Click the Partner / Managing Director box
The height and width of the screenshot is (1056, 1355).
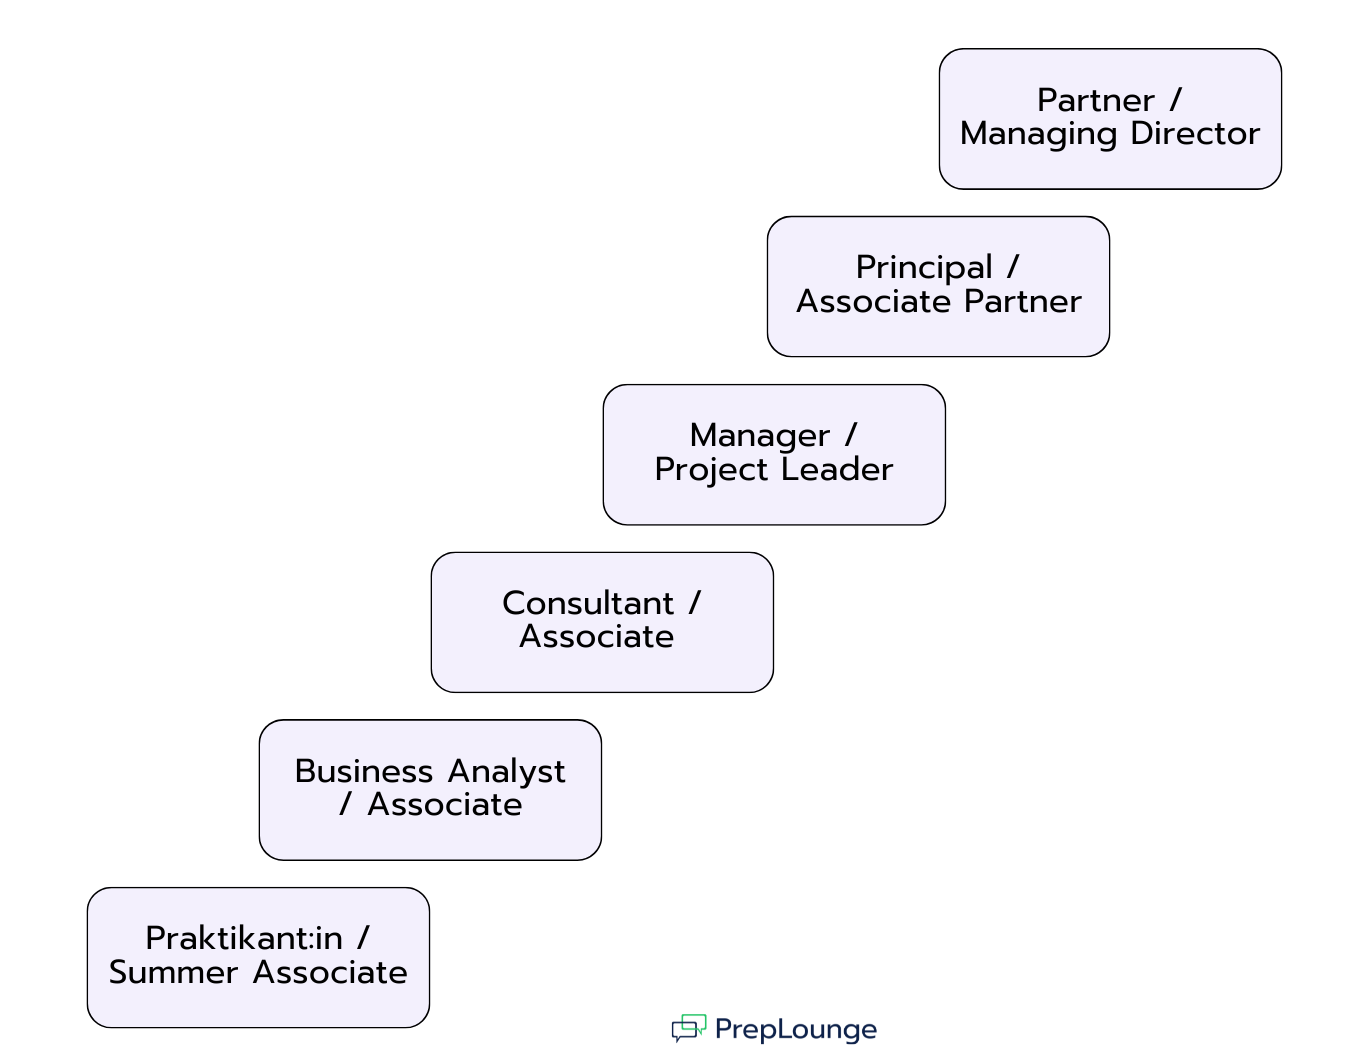coord(1110,119)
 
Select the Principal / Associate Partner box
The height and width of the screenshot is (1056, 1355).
coord(938,286)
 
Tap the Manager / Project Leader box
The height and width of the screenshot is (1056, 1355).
coord(774,454)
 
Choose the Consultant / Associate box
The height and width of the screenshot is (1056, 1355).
coord(602,622)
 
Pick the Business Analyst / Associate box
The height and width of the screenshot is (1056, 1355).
coord(430,790)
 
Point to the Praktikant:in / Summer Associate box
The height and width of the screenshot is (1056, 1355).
coord(258,957)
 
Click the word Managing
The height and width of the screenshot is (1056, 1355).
coord(1039,134)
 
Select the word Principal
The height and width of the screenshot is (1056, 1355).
coord(924,268)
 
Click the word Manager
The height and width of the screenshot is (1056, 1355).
coord(759,436)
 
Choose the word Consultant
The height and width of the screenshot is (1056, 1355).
coord(588,603)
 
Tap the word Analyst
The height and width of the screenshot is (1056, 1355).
coord(506,772)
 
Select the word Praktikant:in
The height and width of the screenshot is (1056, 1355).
coord(244,938)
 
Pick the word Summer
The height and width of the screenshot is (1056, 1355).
coord(173,972)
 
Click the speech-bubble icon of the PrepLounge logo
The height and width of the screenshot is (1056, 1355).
coord(688,1028)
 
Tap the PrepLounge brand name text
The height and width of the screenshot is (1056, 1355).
coord(796,1029)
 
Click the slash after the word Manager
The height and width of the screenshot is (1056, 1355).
coord(851,435)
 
